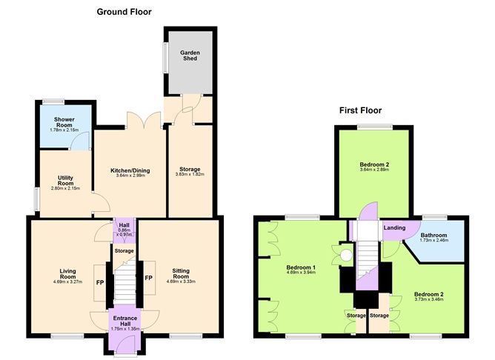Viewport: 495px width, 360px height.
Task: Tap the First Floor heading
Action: (360, 110)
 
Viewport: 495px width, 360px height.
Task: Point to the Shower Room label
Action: (64, 123)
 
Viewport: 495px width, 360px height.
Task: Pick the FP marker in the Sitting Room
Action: (148, 279)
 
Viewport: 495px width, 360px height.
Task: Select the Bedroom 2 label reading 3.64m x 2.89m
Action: (373, 167)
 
